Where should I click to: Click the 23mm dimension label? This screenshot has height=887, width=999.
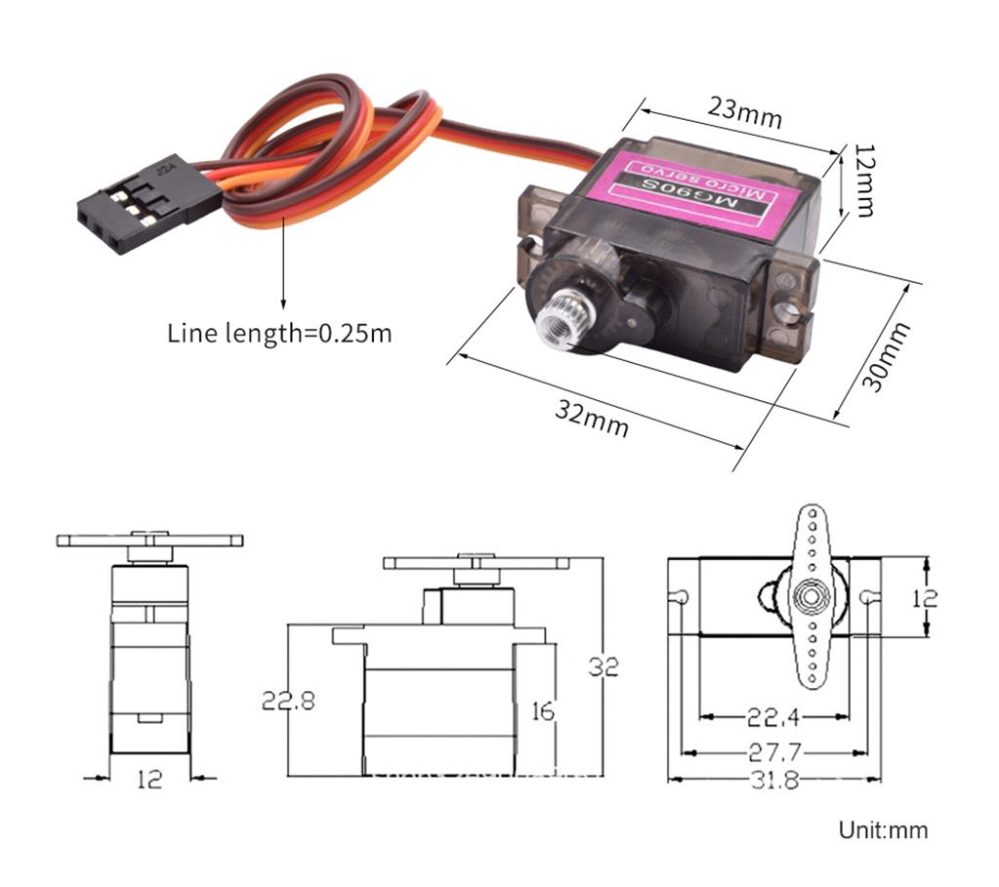[745, 113]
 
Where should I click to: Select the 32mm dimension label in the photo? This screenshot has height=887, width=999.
[592, 419]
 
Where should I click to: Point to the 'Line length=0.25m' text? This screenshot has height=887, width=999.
[279, 333]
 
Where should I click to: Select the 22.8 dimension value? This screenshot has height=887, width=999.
[288, 700]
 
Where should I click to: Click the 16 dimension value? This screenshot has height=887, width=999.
[542, 711]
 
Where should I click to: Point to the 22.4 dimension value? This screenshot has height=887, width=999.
[772, 718]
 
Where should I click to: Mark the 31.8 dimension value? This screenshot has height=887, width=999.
[772, 781]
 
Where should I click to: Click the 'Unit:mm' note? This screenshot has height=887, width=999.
[883, 830]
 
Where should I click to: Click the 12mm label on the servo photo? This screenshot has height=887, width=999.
[863, 181]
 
